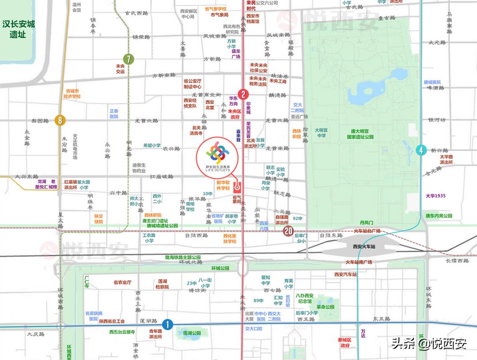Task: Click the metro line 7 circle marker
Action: (x=129, y=59)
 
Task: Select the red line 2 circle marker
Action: (x=243, y=94)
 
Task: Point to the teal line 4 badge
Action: (x=421, y=150)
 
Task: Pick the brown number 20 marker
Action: (x=289, y=231)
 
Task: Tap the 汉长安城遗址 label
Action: (x=18, y=29)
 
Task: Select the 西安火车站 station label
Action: (x=364, y=246)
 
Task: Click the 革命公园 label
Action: (x=325, y=307)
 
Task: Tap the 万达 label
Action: (x=363, y=333)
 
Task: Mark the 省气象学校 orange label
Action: (x=216, y=9)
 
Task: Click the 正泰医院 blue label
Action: (x=114, y=114)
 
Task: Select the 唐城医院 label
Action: (x=432, y=82)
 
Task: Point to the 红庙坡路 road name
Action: (x=161, y=177)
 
